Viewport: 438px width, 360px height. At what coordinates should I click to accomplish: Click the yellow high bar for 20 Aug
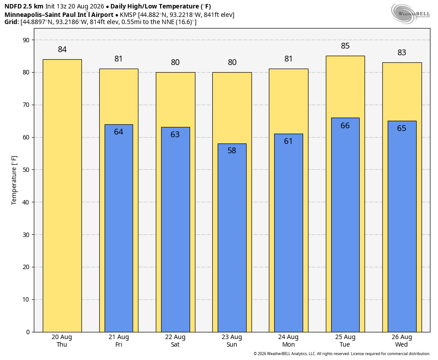(x=62, y=196)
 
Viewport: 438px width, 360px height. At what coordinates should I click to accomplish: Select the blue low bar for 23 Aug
(x=232, y=238)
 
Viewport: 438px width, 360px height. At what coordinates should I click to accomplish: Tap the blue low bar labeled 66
(x=345, y=225)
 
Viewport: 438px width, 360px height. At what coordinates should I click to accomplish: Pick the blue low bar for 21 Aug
(x=119, y=228)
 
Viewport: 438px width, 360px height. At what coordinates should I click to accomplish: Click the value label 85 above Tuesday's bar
(x=345, y=46)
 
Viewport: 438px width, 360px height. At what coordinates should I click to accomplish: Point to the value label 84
(x=62, y=49)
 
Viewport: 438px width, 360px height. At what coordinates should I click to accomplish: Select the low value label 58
(x=232, y=151)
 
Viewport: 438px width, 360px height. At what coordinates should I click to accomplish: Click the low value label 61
(x=288, y=141)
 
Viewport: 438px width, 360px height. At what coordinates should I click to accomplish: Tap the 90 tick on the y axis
(x=26, y=40)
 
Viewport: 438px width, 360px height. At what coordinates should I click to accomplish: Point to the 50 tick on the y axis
(x=26, y=170)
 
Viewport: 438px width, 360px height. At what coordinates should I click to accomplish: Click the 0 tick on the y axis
(x=28, y=332)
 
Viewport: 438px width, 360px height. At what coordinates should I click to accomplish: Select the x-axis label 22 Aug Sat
(x=175, y=341)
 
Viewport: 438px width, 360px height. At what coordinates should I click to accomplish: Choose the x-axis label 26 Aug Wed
(x=401, y=341)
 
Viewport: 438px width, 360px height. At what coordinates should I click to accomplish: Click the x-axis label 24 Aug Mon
(x=288, y=341)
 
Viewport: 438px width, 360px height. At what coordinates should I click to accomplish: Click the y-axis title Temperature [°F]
(x=14, y=180)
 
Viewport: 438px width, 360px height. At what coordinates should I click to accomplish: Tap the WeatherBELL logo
(x=410, y=14)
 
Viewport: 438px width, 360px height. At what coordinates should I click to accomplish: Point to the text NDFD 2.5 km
(x=24, y=6)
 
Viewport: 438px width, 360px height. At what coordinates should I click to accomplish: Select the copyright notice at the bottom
(x=341, y=354)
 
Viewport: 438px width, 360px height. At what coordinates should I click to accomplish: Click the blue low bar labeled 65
(x=402, y=226)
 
